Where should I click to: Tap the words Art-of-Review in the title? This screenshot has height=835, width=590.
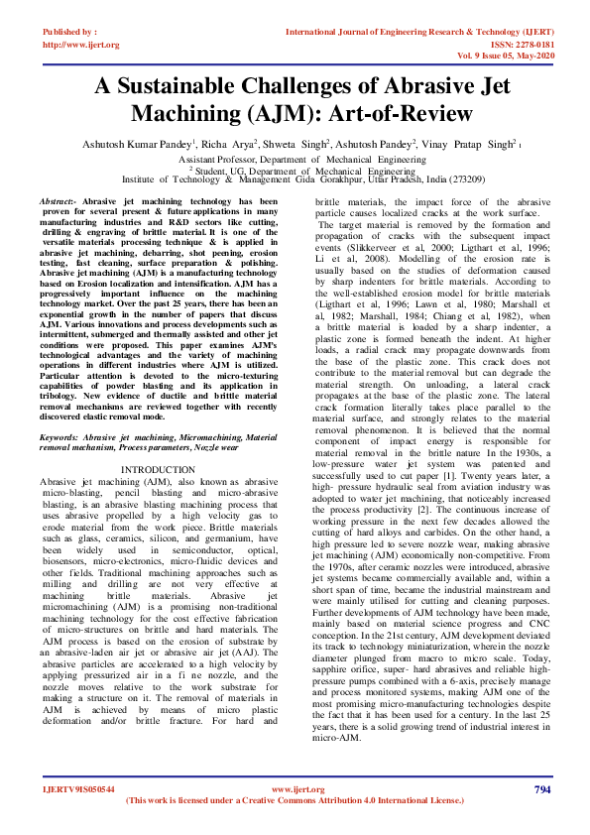406,113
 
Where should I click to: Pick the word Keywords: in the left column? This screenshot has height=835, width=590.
61,433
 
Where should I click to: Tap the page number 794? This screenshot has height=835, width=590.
541,789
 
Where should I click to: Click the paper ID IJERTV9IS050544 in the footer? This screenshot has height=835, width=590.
77,789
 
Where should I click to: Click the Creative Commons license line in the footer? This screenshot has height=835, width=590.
295,800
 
